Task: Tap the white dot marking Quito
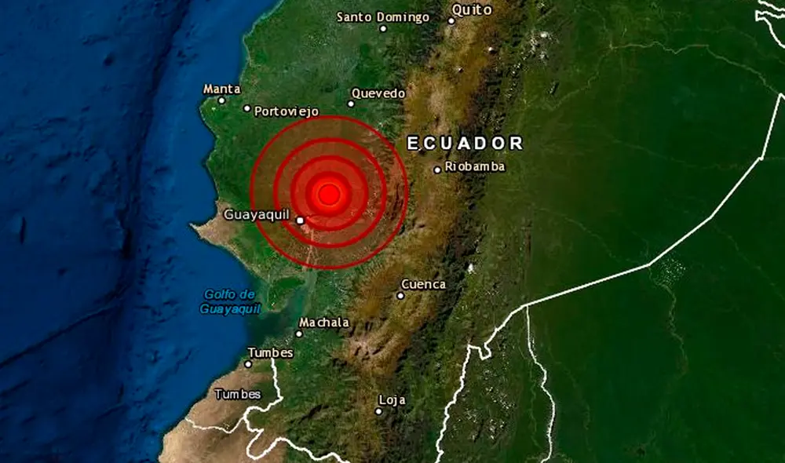451,20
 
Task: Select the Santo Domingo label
383,16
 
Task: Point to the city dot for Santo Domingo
383,29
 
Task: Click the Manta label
221,89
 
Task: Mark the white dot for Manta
221,100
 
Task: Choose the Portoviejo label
287,111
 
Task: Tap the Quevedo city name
378,93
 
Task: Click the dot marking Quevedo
351,104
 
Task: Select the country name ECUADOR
465,143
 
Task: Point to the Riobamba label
474,166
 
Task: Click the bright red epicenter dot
329,193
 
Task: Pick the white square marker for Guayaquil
301,221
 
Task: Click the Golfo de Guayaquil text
230,301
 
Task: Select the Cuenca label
423,284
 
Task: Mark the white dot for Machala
299,334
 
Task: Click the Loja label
392,400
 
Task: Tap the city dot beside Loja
378,410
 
